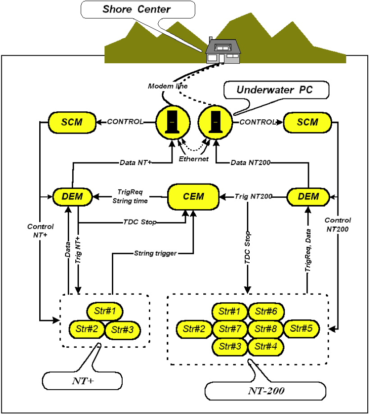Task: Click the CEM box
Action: pos(193,197)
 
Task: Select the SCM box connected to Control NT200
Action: pos(308,122)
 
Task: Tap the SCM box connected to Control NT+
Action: pos(72,122)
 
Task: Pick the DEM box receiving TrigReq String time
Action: pos(72,197)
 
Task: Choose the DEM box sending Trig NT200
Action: pos(308,197)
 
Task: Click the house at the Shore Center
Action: pos(223,51)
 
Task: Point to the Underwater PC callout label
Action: pos(276,90)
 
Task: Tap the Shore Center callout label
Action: pos(138,9)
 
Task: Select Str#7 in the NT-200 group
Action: pos(230,329)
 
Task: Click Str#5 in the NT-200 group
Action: pos(301,329)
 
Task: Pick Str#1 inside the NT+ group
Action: pos(105,311)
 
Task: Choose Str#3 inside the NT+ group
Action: pos(123,330)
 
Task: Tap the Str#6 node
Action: pos(266,312)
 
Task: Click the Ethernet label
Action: pos(193,159)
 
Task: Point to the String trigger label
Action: pos(155,253)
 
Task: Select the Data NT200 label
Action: pos(251,163)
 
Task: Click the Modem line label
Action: pos(168,86)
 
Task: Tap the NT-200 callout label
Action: pos(266,391)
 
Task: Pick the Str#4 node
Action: pos(266,346)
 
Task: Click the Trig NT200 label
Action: pos(253,196)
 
